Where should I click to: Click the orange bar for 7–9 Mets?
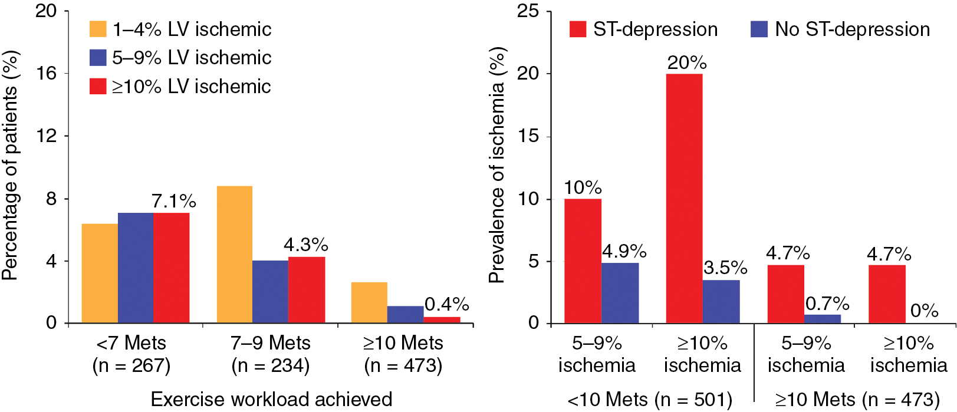234,255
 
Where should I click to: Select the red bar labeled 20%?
684,199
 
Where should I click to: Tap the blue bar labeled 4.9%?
620,293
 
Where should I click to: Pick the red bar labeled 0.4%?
442,320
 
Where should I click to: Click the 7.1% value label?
173,201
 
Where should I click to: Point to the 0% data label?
924,311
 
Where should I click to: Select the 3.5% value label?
725,268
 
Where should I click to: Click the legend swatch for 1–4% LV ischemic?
98,29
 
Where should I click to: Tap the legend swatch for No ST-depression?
759,29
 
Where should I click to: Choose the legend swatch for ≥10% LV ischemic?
98,87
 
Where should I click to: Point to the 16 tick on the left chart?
46,74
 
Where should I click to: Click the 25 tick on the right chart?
528,11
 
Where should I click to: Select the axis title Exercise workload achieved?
271,399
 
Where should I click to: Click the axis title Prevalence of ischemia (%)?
497,165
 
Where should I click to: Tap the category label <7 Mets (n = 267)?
131,354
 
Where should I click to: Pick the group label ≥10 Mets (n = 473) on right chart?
857,400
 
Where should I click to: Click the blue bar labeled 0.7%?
823,319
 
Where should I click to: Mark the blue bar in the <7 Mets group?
135,268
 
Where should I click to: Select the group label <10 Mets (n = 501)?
649,400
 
